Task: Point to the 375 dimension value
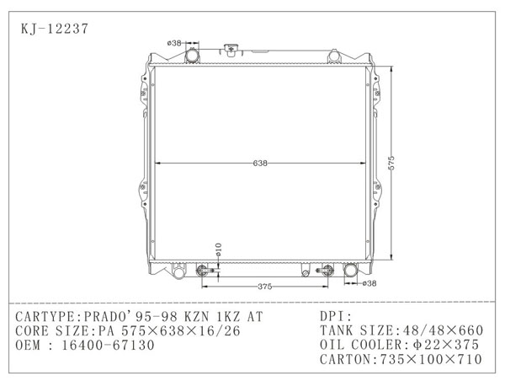pyautogui.click(x=264, y=287)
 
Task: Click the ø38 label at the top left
pyautogui.click(x=175, y=42)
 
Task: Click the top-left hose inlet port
pyautogui.click(x=191, y=56)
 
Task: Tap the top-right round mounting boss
pyautogui.click(x=334, y=56)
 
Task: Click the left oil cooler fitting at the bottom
pyautogui.click(x=202, y=271)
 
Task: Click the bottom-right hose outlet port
pyautogui.click(x=350, y=271)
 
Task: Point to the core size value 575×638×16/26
pyautogui.click(x=176, y=330)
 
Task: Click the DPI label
pyautogui.click(x=333, y=316)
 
